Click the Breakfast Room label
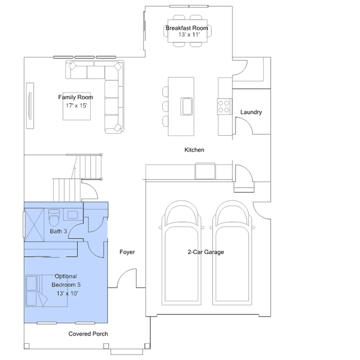tap(187, 28)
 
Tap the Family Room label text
tap(75, 97)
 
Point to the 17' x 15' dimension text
tap(77, 105)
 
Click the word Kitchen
tap(194, 150)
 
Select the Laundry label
tap(251, 112)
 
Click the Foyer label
tap(127, 252)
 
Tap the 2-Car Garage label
tap(206, 252)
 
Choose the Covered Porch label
tap(88, 334)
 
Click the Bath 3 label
tap(59, 231)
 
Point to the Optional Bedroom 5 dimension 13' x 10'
tap(68, 294)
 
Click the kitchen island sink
tap(186, 106)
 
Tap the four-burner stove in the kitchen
tap(224, 106)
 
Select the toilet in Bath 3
tap(54, 218)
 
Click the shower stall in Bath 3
tap(34, 225)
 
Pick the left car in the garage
tap(181, 252)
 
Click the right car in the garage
tap(232, 252)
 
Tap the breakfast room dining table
tap(188, 31)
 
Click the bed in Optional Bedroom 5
tap(47, 291)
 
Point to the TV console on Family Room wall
tap(30, 105)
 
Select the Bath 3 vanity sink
tap(73, 215)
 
